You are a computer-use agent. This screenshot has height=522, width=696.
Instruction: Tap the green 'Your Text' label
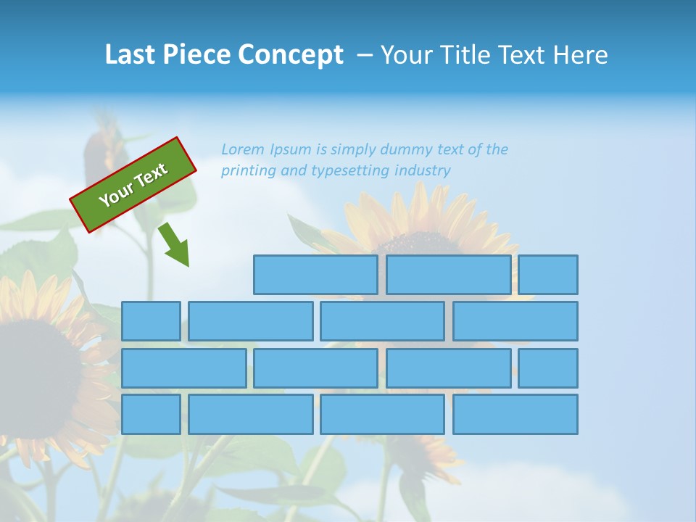click(133, 185)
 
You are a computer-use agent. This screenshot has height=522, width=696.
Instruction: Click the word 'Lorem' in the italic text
click(243, 150)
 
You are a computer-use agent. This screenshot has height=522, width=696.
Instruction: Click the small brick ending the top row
click(548, 275)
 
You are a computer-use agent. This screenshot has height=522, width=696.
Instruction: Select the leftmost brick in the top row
click(315, 275)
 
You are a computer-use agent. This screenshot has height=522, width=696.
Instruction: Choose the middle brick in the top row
click(448, 275)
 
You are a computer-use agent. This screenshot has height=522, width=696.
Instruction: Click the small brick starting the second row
click(151, 321)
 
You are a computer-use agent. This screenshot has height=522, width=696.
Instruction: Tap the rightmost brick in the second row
click(515, 321)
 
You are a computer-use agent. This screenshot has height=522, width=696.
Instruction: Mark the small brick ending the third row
click(548, 368)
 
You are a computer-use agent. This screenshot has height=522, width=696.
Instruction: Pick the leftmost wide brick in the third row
click(183, 368)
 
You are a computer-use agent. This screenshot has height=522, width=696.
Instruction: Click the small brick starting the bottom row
click(151, 415)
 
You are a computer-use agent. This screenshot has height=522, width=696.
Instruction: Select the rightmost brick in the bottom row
click(515, 415)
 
